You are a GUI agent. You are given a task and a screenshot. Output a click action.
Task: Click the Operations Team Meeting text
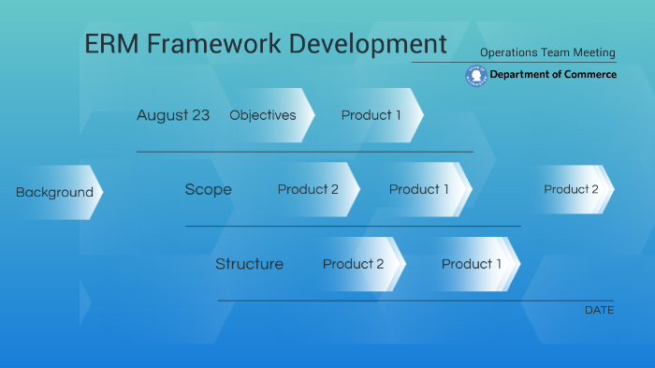point(547,52)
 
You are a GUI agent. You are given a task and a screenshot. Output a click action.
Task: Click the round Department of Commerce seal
point(475,76)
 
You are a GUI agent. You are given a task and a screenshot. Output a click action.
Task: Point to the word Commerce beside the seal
point(589,75)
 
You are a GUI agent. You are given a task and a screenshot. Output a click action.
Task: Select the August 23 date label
point(173,115)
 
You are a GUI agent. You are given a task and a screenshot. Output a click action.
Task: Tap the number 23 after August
point(200,115)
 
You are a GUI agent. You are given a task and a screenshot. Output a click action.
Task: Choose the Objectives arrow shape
point(263,115)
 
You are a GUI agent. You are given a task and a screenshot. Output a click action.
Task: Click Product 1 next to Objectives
point(371,115)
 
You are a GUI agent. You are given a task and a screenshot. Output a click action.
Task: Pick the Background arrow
point(54,192)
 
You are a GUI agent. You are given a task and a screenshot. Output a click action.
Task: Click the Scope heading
point(208,189)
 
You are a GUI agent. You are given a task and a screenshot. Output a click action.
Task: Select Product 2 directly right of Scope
point(309,189)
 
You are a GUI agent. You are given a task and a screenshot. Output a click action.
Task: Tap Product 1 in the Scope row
point(419,189)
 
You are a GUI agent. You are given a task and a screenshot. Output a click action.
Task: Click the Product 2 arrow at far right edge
point(572,189)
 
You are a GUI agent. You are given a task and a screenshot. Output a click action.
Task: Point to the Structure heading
point(249,264)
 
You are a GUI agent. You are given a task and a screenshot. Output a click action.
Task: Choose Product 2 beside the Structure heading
point(354,264)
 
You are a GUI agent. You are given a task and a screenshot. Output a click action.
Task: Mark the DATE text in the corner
point(599,310)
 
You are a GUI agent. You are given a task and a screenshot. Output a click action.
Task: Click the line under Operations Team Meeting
point(514,63)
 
